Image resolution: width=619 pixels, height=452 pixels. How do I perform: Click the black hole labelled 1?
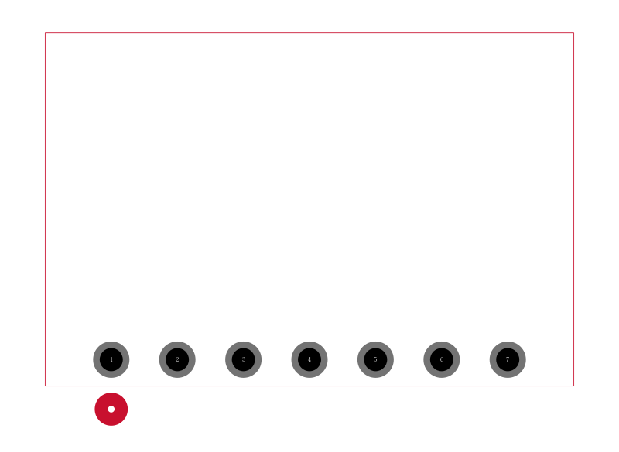point(111,359)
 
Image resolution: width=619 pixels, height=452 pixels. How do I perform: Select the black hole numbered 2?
point(177,359)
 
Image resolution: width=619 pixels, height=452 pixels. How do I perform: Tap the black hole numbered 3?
point(244,359)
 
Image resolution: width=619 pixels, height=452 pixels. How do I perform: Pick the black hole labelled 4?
point(309,359)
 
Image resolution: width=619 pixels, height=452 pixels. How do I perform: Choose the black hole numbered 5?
point(375,359)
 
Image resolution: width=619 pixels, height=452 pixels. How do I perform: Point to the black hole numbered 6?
point(442,359)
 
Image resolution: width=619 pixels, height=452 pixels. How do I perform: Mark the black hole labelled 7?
point(508,359)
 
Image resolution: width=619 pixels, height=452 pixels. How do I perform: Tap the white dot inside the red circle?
point(111,409)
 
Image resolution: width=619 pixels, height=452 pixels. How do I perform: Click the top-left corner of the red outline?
point(46,33)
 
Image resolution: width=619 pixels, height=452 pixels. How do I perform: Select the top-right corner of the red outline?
point(573,33)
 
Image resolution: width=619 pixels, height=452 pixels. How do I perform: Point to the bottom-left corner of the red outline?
point(46,386)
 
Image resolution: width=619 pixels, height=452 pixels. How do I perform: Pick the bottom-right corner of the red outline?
point(573,386)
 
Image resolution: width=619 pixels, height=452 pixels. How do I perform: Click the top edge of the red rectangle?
point(309,33)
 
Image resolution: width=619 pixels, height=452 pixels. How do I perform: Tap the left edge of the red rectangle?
point(46,209)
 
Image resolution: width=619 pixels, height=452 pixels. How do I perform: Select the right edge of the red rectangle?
point(573,209)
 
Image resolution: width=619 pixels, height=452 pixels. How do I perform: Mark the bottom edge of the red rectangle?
point(309,386)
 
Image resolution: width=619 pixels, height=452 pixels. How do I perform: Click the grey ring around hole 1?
point(96,359)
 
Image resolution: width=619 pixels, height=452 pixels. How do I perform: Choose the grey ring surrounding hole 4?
point(295,359)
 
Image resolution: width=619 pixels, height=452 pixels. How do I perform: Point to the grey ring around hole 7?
point(493,359)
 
